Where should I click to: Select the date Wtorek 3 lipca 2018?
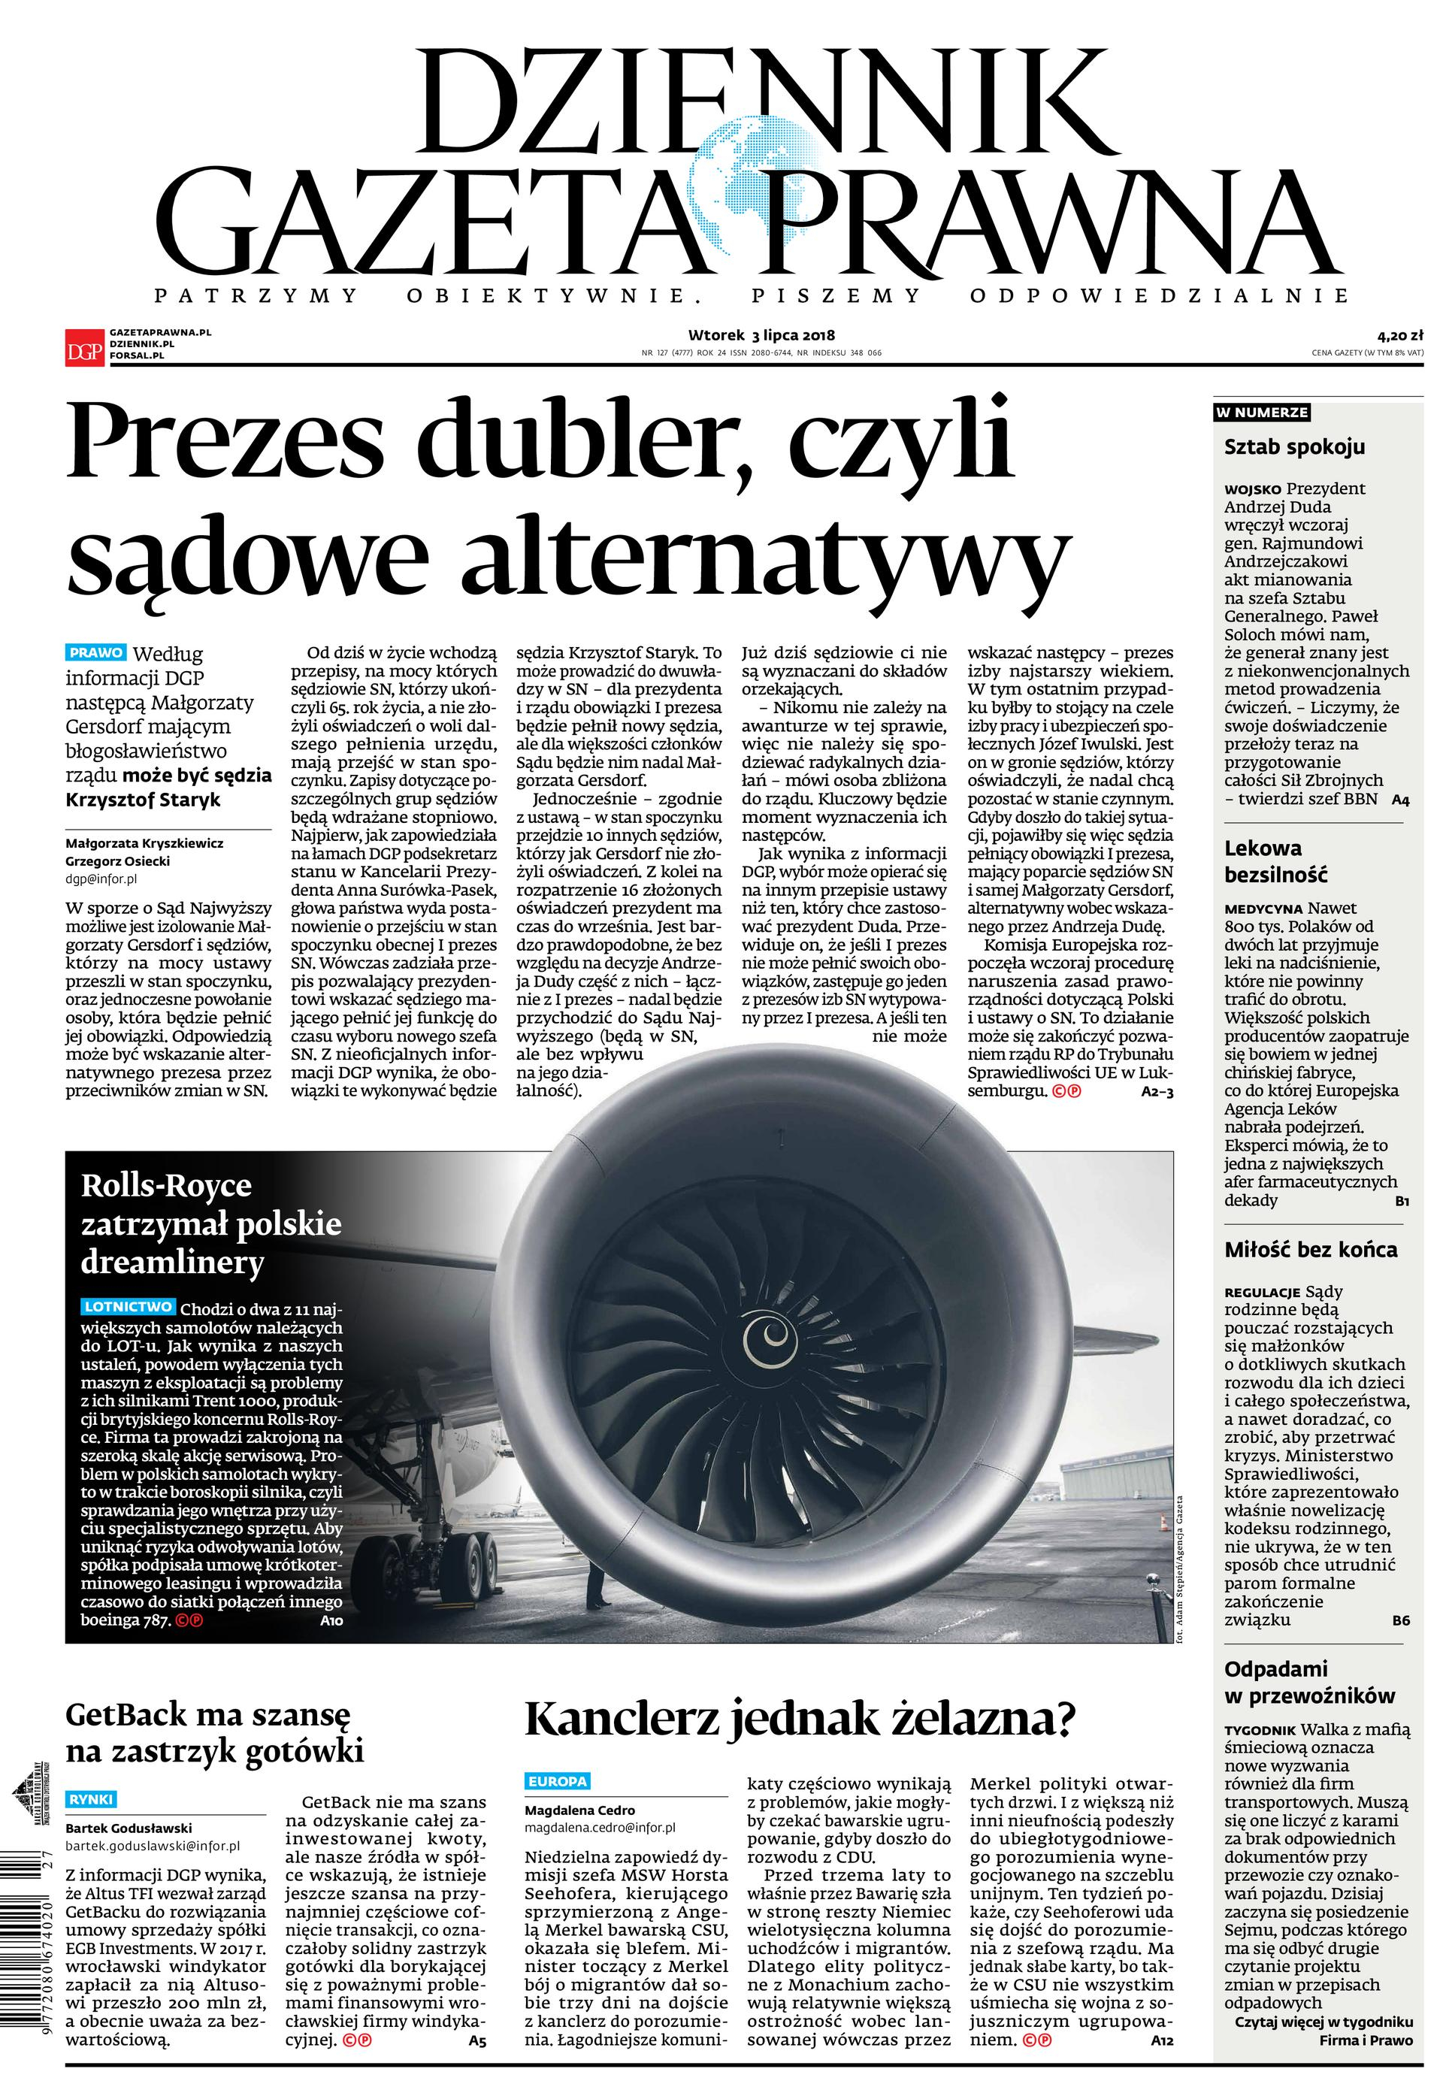(x=761, y=335)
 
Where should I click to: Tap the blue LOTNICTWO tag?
(x=129, y=1307)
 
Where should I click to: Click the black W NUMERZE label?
(x=1262, y=413)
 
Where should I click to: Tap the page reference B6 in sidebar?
(x=1399, y=1620)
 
